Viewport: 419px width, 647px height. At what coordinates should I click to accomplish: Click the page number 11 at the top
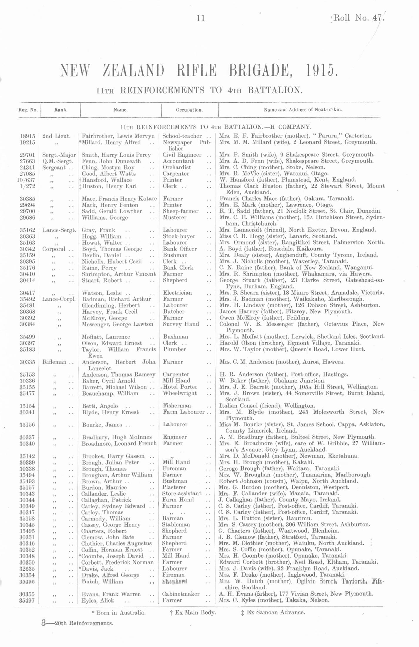point(201,18)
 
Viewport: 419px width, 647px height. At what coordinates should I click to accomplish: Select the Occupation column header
point(189,110)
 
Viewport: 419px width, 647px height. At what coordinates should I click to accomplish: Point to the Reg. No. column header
point(28,110)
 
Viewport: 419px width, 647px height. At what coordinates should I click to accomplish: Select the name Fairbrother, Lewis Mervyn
point(118,136)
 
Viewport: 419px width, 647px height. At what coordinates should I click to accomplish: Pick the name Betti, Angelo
point(100,406)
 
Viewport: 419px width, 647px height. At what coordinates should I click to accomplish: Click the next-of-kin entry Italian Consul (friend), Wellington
point(267,406)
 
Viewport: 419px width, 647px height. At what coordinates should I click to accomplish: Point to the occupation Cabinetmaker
point(180,594)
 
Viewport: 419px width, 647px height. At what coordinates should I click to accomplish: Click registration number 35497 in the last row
point(27,600)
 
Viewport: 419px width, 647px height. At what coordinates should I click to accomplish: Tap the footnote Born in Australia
point(119,613)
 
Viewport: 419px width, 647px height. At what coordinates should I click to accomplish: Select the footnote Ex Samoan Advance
point(273,612)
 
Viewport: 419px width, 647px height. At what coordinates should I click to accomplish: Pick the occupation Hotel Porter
point(180,387)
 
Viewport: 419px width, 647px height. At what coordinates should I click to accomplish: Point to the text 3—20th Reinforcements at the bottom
point(77,623)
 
